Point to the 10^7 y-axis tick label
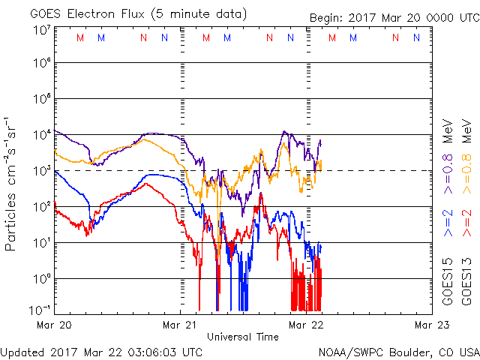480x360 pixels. pyautogui.click(x=41, y=31)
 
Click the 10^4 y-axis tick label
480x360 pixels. pyautogui.click(x=41, y=135)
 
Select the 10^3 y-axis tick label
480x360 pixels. pyautogui.click(x=41, y=171)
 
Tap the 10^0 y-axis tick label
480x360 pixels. pyautogui.click(x=41, y=279)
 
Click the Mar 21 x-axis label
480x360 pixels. pyautogui.click(x=181, y=325)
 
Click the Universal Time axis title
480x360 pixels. pyautogui.click(x=243, y=337)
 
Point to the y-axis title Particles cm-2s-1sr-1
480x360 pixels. pyautogui.click(x=11, y=183)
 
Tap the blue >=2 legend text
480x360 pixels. pyautogui.click(x=447, y=223)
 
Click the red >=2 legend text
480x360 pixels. pyautogui.click(x=466, y=223)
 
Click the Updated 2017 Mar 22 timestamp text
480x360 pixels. pyautogui.click(x=101, y=351)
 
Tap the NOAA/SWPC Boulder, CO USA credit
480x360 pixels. pyautogui.click(x=398, y=351)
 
